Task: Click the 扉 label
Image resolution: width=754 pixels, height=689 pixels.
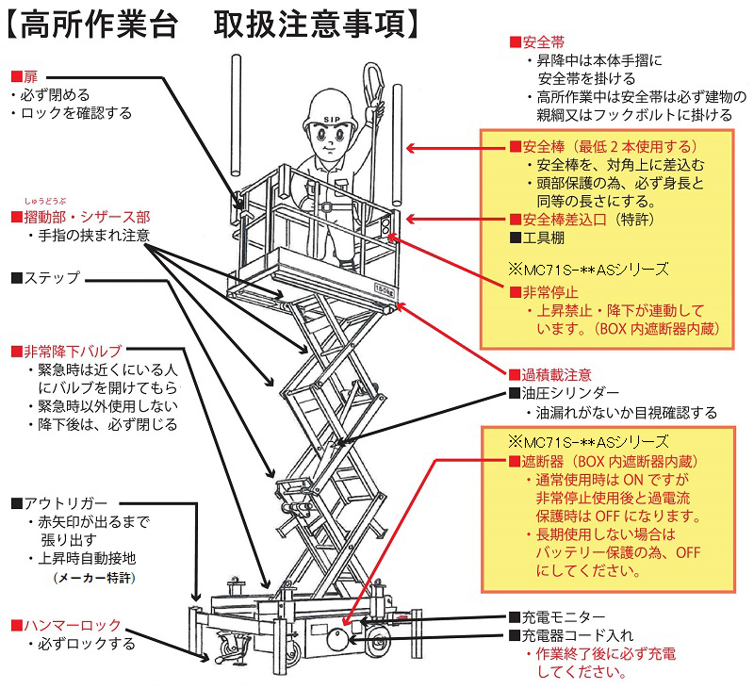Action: pos(30,75)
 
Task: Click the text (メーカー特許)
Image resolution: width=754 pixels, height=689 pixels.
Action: pos(93,576)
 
